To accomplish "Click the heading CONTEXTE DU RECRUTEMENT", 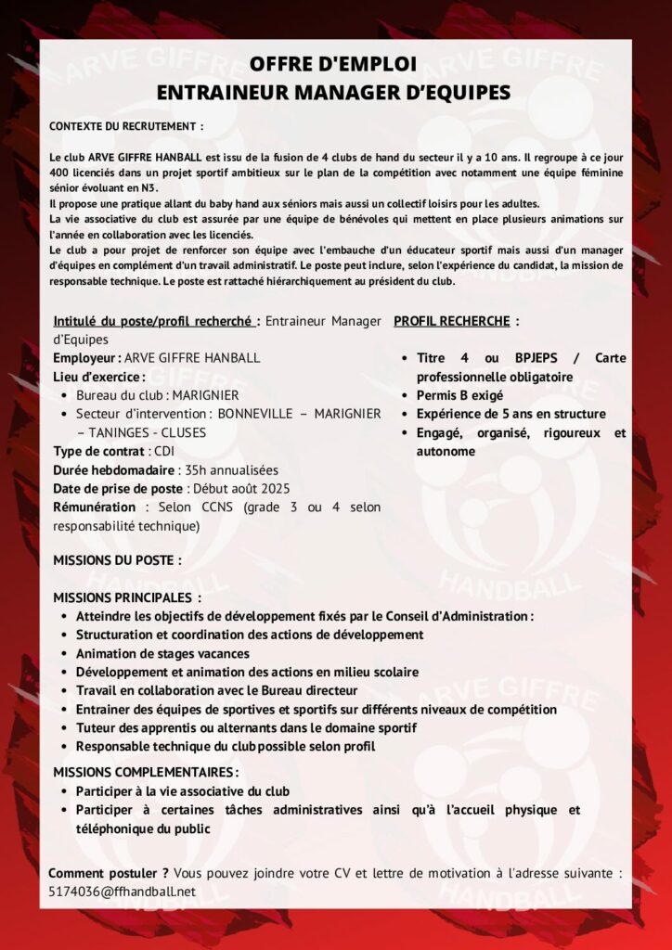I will point(125,125).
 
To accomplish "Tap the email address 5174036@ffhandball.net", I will point(122,892).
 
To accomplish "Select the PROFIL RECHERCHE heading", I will point(452,321).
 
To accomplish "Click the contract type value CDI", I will point(164,451).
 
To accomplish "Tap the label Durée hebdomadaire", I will point(113,469).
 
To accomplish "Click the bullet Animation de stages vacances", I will point(162,653).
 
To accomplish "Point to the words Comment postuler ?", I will point(108,873).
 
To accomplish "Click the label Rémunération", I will point(94,507).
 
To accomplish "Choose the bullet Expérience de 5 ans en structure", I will point(510,414).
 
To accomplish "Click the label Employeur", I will point(85,358).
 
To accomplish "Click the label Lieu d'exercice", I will point(97,377).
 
